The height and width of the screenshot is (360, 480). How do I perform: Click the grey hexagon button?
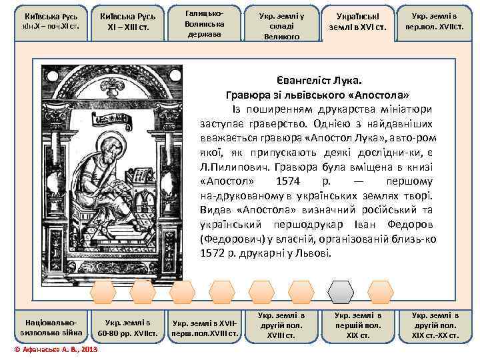343,291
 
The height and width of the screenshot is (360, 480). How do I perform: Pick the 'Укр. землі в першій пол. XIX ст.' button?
358,325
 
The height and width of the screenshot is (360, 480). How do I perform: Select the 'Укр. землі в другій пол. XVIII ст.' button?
281,325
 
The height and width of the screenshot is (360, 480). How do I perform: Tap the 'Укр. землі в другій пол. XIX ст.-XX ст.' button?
436,325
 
